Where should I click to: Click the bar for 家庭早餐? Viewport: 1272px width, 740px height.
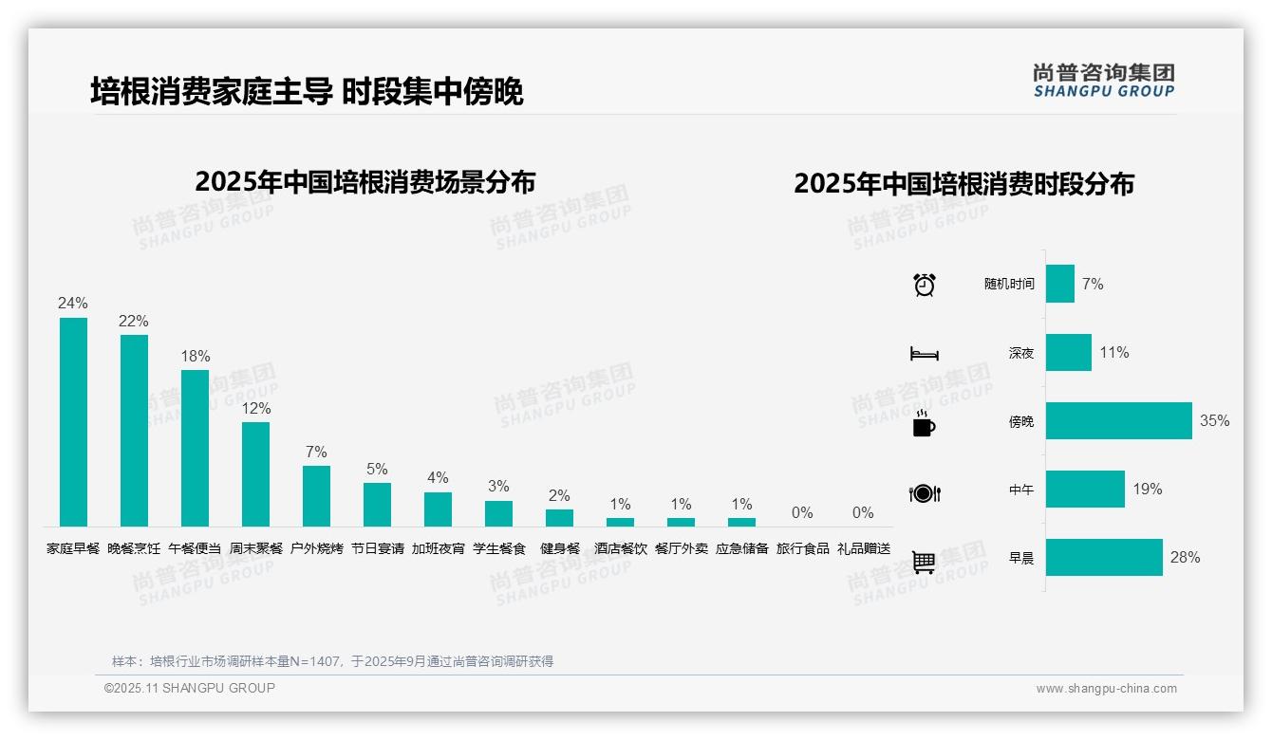[73, 421]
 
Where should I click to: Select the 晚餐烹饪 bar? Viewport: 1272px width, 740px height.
[134, 430]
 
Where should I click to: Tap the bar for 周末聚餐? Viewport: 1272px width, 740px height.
[255, 473]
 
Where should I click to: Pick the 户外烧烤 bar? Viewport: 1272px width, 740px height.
[316, 495]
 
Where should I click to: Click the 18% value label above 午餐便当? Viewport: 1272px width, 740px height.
[195, 357]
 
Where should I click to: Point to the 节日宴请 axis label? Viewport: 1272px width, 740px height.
[377, 548]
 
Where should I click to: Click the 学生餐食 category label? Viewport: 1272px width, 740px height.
[498, 548]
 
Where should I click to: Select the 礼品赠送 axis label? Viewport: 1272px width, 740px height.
[863, 548]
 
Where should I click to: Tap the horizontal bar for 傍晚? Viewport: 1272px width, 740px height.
[1118, 420]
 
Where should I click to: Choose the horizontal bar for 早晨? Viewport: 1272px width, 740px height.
[1104, 557]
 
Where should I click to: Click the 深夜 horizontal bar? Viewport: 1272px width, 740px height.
[1068, 352]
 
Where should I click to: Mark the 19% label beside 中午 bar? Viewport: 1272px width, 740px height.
[1147, 490]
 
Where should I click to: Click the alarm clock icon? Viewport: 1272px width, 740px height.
[924, 285]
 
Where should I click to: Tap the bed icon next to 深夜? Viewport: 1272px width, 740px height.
[924, 354]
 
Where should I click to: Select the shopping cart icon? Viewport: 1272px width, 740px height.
[924, 562]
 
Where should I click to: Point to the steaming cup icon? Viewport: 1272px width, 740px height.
[924, 423]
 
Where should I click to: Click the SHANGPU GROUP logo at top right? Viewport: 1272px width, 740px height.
[1103, 81]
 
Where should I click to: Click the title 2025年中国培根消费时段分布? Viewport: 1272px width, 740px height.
[963, 184]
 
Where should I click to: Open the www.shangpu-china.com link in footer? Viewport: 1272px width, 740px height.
[1106, 689]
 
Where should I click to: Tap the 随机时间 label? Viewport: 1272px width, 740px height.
[1009, 285]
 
